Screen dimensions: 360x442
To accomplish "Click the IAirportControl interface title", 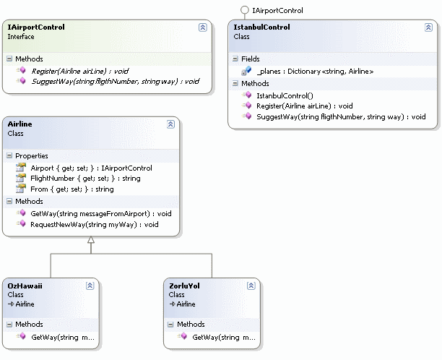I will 36,27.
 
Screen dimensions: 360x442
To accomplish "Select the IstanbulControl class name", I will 261,27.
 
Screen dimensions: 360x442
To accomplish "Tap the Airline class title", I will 19,124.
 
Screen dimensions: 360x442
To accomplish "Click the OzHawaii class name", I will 25,286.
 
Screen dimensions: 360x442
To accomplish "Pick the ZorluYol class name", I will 184,286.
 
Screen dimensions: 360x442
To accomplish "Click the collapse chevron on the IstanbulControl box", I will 428,27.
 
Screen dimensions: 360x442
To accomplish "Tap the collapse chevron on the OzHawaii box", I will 90,286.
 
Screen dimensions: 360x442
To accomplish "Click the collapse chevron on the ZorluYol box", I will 251,286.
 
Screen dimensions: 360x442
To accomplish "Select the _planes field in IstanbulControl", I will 314,72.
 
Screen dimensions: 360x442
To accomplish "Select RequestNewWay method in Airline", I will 94,225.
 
